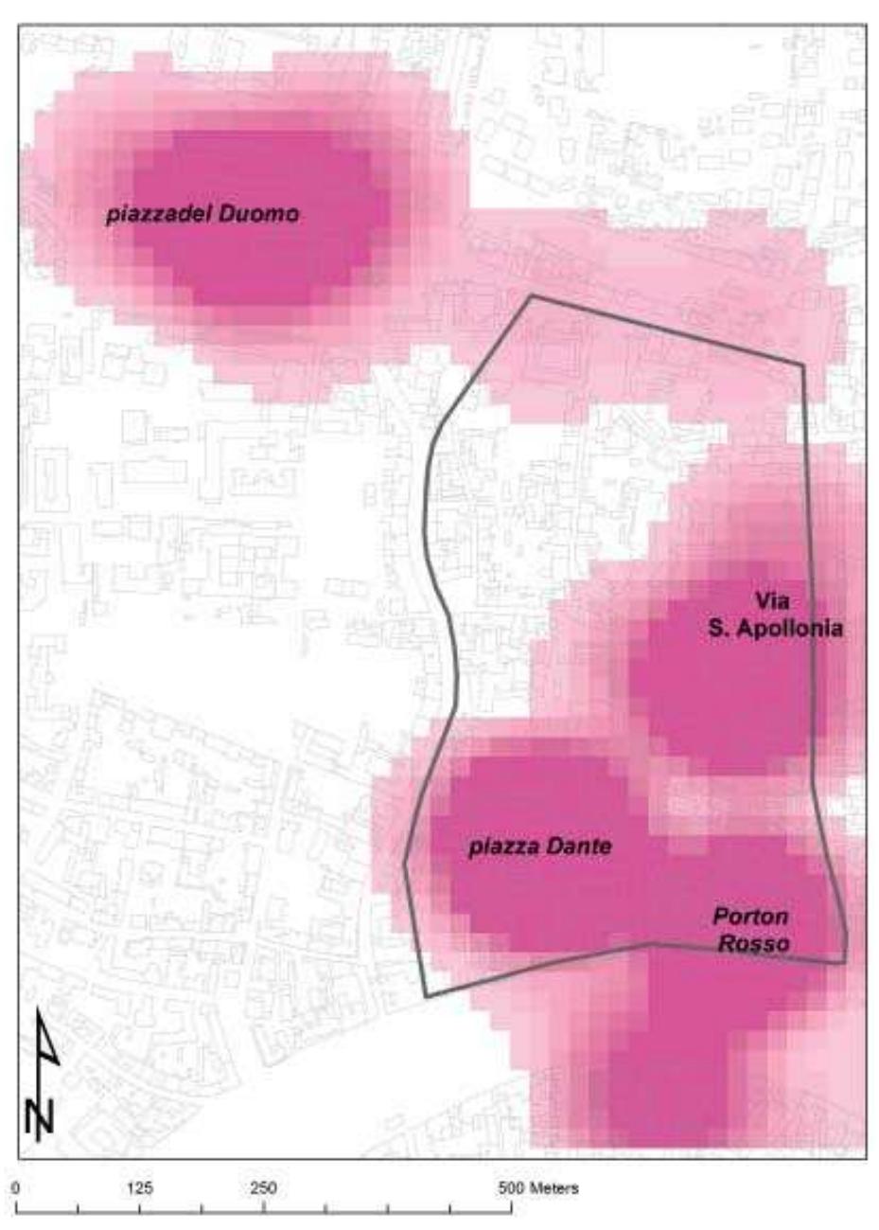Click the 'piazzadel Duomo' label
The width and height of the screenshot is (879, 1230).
click(x=202, y=214)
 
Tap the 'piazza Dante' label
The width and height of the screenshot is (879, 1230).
click(x=540, y=847)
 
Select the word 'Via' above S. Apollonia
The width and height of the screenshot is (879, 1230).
click(x=772, y=600)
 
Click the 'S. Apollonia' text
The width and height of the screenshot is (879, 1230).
click(x=776, y=628)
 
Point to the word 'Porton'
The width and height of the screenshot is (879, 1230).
click(x=750, y=917)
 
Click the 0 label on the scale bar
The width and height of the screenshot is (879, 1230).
click(x=17, y=1187)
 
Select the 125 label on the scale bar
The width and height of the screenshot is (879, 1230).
click(x=140, y=1187)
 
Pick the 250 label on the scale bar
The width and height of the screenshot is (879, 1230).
click(x=263, y=1187)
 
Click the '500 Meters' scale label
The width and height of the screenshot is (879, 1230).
click(x=538, y=1187)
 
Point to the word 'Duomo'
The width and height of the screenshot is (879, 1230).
click(x=258, y=214)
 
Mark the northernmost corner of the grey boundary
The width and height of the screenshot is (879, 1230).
click(x=532, y=295)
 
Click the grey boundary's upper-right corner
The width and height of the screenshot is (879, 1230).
click(x=803, y=365)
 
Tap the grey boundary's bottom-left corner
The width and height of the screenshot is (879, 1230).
click(x=427, y=996)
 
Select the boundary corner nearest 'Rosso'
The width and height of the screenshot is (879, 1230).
click(x=844, y=963)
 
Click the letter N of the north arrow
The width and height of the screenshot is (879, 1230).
click(x=40, y=1117)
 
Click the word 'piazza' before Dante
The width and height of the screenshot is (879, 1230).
click(x=501, y=847)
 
